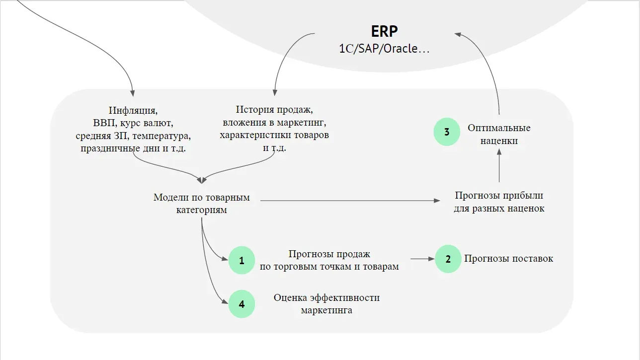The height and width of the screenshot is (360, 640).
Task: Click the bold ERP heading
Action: coord(384,31)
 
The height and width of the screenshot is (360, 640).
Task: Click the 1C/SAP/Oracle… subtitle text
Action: coord(384,49)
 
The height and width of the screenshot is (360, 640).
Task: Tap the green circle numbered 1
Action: coord(242,260)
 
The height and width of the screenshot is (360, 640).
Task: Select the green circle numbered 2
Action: coord(448,259)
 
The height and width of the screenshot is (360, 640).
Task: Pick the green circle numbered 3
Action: coord(447,132)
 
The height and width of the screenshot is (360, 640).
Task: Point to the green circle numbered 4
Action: coord(242,304)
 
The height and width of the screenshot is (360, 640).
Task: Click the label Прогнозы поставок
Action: coord(508,259)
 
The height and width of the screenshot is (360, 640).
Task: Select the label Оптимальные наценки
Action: coord(498,134)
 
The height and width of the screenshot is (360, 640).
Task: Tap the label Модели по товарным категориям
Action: coord(201,204)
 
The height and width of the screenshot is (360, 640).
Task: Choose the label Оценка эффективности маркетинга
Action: coord(326,304)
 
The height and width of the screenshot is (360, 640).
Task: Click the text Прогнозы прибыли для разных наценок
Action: coord(499,202)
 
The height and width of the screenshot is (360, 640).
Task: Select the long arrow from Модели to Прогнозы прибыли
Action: coord(348,201)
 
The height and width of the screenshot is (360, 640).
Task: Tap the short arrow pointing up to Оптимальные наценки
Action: coord(499,166)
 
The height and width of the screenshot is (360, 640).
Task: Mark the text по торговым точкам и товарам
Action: coord(329,267)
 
